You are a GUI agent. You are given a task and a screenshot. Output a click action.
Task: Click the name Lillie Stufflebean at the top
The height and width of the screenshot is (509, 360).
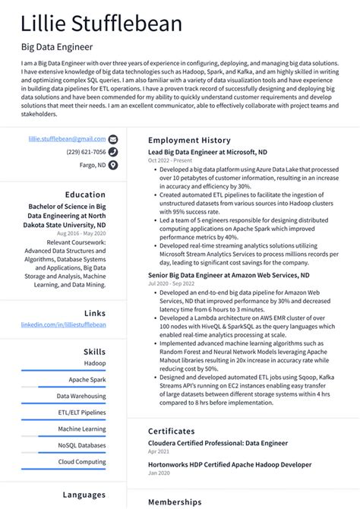coord(102,24)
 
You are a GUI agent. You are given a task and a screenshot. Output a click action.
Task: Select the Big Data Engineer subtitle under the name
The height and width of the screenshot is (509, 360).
coord(57,48)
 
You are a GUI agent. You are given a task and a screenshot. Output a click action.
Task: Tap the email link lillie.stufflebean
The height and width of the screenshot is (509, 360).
coord(67,140)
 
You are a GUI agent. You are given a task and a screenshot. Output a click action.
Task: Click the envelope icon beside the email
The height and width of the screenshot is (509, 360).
coord(113,140)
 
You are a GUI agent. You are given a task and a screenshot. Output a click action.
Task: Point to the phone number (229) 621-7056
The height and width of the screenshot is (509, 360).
coord(86,152)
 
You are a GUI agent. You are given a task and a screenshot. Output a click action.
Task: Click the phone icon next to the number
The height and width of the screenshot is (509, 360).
coord(113,152)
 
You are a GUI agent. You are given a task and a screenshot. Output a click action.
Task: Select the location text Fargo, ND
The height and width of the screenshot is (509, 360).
coord(93,164)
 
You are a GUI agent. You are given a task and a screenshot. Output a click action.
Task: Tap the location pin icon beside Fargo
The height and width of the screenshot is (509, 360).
coord(113,164)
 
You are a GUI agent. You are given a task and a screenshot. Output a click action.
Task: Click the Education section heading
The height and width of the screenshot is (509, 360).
coord(85,194)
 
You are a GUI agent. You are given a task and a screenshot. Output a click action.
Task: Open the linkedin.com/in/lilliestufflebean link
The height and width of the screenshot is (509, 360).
coord(64,324)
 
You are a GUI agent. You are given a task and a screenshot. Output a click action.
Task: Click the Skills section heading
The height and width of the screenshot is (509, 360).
coord(95,353)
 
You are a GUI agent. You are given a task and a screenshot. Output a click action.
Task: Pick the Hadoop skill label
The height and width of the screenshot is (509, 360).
coord(95,363)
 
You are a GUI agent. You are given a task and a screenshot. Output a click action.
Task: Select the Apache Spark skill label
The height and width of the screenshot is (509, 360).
coord(87,379)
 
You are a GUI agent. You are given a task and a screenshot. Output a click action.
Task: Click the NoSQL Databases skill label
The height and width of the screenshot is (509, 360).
coord(82,445)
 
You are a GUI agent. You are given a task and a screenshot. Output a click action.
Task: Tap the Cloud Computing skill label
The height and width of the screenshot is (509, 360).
coord(82,461)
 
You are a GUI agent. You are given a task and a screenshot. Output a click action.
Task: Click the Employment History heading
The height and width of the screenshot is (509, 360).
coord(188,141)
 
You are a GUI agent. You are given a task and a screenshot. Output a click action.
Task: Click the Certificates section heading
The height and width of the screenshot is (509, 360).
coord(176,431)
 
